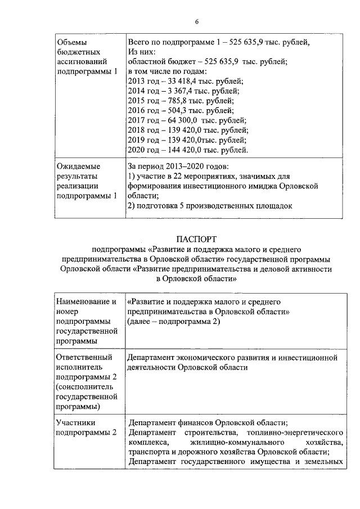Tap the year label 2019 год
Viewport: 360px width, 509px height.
[143, 140]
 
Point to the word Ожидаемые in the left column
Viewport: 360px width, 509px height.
[79, 166]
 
